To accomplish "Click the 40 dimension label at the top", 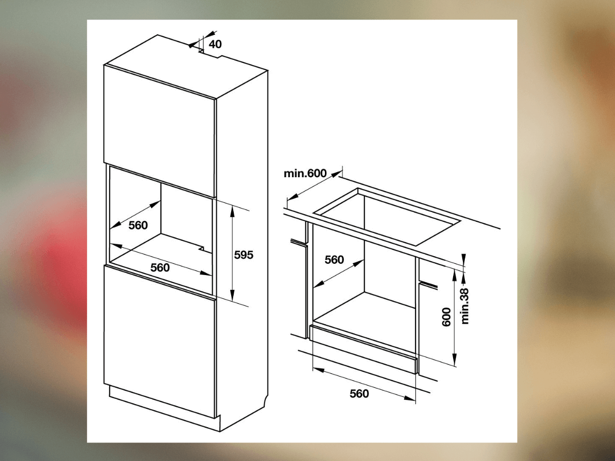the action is pyautogui.click(x=215, y=44).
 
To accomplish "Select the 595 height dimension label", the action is pyautogui.click(x=243, y=255).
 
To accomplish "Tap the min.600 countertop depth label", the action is pyautogui.click(x=305, y=173).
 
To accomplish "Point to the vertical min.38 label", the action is pyautogui.click(x=464, y=306).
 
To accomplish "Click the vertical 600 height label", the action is pyautogui.click(x=446, y=317).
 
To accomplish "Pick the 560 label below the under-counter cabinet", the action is pyautogui.click(x=359, y=393).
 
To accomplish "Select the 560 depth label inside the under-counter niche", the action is pyautogui.click(x=334, y=260).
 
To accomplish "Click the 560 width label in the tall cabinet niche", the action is pyautogui.click(x=160, y=267).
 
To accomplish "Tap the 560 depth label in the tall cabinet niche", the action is pyautogui.click(x=138, y=225).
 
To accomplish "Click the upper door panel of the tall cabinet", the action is pyautogui.click(x=160, y=131).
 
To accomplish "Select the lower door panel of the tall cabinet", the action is pyautogui.click(x=160, y=342).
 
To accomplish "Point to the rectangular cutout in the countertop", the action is pyautogui.click(x=386, y=216).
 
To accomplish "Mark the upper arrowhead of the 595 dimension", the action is pyautogui.click(x=232, y=212).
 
